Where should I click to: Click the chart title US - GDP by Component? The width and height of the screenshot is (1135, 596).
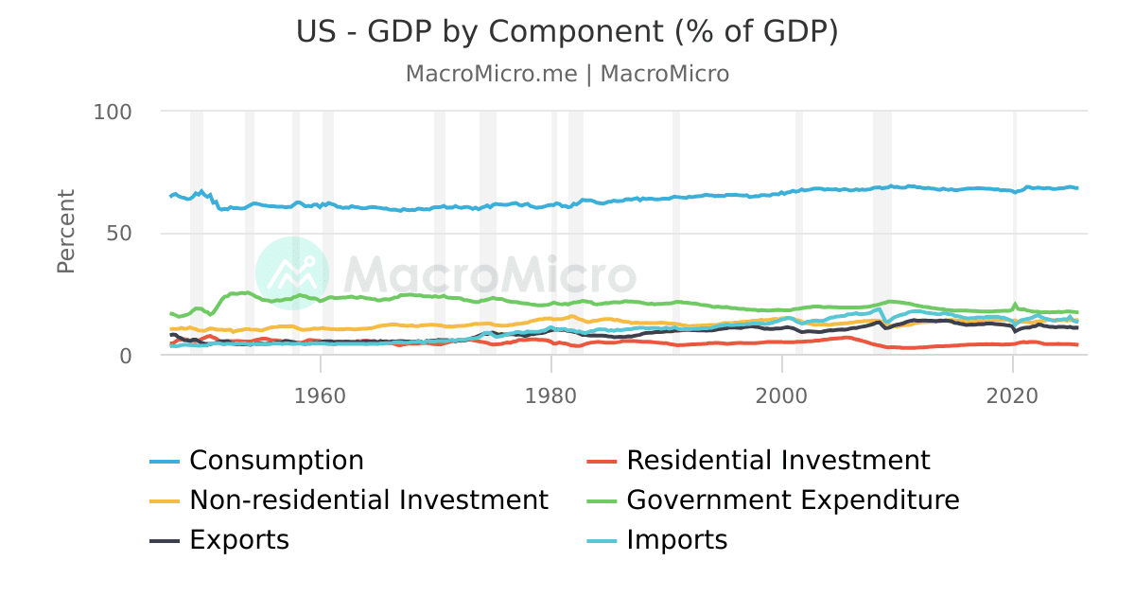(x=567, y=32)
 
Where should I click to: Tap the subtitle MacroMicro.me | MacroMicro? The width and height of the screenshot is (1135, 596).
(x=567, y=74)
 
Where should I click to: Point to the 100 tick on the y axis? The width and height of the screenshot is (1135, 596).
(x=113, y=112)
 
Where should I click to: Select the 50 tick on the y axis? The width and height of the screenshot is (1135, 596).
(x=120, y=234)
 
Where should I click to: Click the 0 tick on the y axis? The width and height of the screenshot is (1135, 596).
(x=126, y=356)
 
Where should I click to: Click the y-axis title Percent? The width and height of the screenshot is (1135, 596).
(x=66, y=232)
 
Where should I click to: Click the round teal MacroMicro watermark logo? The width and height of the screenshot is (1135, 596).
(x=292, y=273)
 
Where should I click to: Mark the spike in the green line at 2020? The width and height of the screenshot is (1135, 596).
(x=1016, y=305)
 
